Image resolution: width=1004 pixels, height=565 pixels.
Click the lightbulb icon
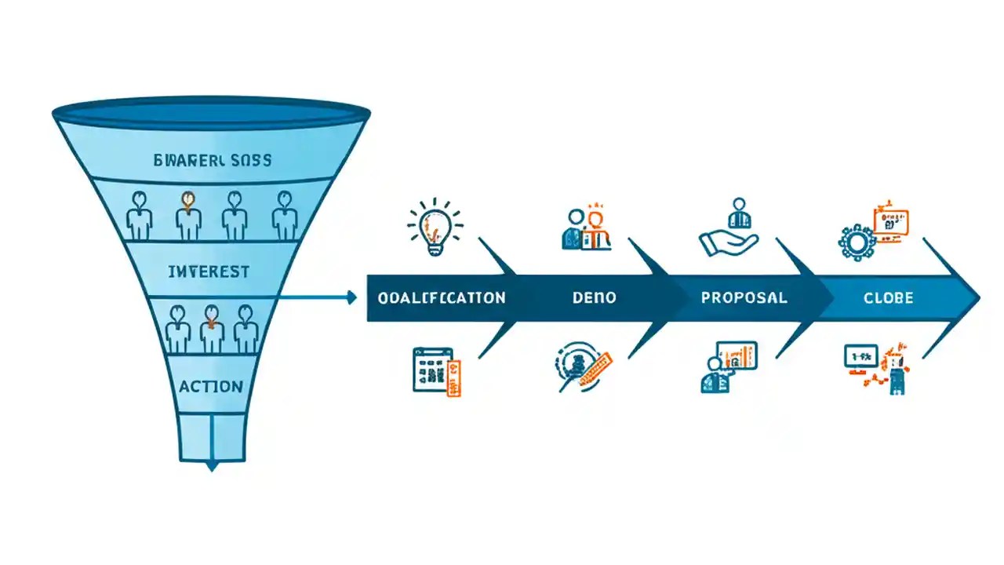point(434,227)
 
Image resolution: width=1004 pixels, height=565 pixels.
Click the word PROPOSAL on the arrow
point(744,298)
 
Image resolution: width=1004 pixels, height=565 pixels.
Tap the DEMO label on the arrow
point(594,298)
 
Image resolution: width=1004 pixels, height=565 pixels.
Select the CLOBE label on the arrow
point(888,298)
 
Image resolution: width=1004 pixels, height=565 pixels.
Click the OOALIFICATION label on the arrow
point(441,298)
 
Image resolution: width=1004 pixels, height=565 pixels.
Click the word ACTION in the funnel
point(210,386)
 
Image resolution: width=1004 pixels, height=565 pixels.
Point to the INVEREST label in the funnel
point(209,272)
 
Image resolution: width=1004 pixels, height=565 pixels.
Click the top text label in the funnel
point(213,160)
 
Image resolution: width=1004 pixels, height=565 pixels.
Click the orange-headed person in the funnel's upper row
point(188,214)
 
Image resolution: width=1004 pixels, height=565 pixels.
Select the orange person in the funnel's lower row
point(212,328)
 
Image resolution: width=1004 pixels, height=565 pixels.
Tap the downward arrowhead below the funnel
point(211,466)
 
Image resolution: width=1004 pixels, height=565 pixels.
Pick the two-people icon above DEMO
point(587,229)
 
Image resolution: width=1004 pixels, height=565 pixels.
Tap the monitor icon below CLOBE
point(860,357)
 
